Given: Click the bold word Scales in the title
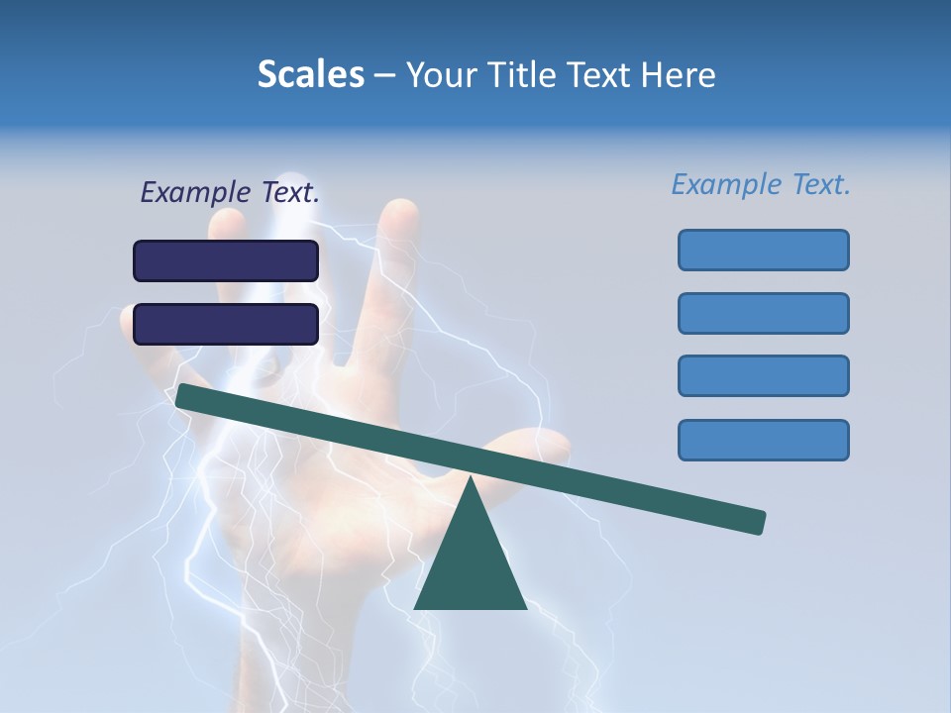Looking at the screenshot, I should point(310,74).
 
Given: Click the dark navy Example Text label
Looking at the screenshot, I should point(230,193).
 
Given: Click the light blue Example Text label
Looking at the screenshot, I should point(761,184).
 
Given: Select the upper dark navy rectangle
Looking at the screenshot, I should point(226,260).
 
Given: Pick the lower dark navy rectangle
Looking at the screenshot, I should point(226,324).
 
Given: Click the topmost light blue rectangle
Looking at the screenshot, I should point(763,250).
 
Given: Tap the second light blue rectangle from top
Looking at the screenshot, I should point(763,313).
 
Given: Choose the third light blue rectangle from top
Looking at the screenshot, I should point(763,376).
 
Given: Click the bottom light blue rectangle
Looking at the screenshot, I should point(763,440).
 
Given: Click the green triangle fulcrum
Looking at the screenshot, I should point(470,564).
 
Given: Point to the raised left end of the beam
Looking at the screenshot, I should point(184,395).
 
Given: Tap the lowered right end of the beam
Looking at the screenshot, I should point(757,522).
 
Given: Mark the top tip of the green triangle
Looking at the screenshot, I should point(470,479).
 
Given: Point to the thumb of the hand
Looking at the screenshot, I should point(535,446).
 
